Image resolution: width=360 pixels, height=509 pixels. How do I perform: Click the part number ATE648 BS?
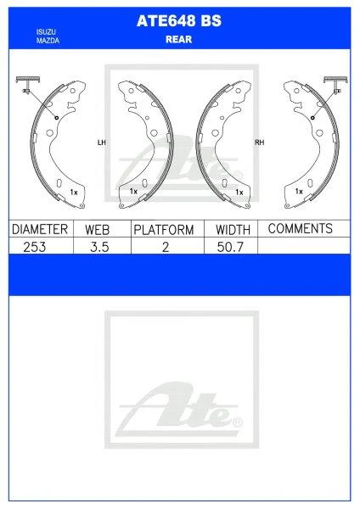click(x=179, y=23)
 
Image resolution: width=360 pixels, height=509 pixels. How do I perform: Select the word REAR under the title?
click(x=179, y=37)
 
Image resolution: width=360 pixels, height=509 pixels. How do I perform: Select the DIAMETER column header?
click(x=39, y=230)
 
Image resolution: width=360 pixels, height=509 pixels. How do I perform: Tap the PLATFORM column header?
click(x=164, y=230)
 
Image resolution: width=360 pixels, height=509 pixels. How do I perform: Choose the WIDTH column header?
click(x=232, y=230)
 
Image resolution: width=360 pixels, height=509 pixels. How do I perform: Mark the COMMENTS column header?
click(x=300, y=229)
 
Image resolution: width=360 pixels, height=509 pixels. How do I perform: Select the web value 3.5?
click(x=100, y=247)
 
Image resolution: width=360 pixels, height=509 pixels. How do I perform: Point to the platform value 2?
click(x=166, y=247)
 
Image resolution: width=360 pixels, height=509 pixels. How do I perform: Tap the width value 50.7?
click(x=232, y=247)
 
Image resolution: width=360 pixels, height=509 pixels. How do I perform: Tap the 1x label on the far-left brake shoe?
click(x=74, y=193)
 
